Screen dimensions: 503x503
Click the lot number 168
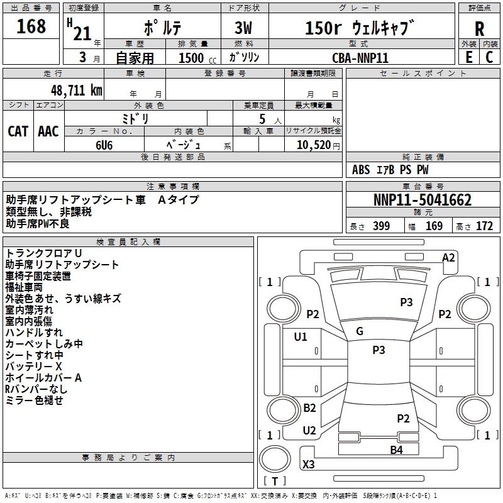pyautogui.click(x=31, y=27)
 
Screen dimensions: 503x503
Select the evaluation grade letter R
pyautogui.click(x=479, y=29)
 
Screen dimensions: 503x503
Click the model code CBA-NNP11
pyautogui.click(x=360, y=57)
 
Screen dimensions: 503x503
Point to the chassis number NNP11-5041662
pyautogui.click(x=423, y=201)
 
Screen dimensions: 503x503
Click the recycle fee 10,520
pyautogui.click(x=312, y=145)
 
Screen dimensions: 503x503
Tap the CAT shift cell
pyautogui.click(x=18, y=131)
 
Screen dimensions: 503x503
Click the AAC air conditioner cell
pyautogui.click(x=48, y=131)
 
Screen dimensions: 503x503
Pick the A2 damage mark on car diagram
pyautogui.click(x=448, y=258)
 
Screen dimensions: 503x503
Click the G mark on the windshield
pyautogui.click(x=360, y=331)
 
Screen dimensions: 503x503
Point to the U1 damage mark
pyautogui.click(x=301, y=337)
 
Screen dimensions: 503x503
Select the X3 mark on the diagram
pyautogui.click(x=309, y=465)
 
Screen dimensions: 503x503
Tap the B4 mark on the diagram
pyautogui.click(x=396, y=450)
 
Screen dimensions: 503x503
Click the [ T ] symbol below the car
pyautogui.click(x=275, y=482)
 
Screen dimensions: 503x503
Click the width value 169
pyautogui.click(x=434, y=226)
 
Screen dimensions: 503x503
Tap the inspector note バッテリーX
pyautogui.click(x=34, y=366)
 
